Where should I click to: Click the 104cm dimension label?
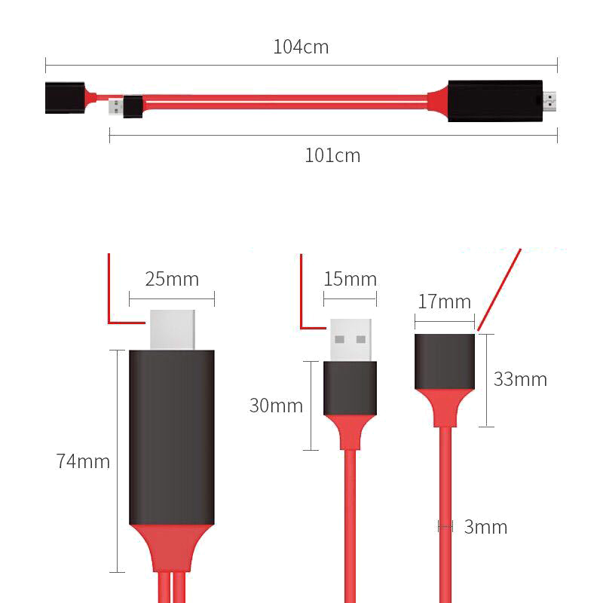tap(301, 47)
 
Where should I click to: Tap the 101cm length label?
tap(332, 156)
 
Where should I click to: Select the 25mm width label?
tap(172, 279)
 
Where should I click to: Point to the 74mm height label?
tap(83, 461)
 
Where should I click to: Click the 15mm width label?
tap(350, 279)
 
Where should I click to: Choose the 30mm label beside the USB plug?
tap(276, 406)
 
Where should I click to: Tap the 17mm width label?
tap(444, 301)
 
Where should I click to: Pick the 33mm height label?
tap(520, 379)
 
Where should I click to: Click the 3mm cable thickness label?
tap(485, 527)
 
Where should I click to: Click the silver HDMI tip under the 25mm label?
tap(173, 329)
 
